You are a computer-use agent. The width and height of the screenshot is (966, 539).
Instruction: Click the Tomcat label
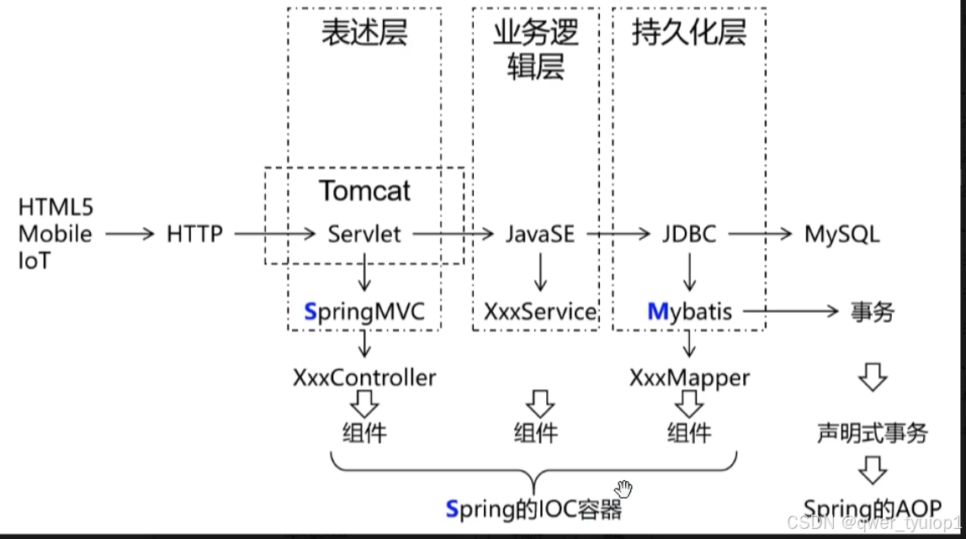pyautogui.click(x=364, y=190)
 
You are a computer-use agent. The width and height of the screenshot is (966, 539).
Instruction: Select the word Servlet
pyautogui.click(x=364, y=233)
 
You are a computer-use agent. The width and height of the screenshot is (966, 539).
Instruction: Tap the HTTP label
pyautogui.click(x=194, y=234)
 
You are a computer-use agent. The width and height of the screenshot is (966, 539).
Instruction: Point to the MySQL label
pyautogui.click(x=841, y=233)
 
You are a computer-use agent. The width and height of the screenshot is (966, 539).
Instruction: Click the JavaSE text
pyautogui.click(x=540, y=233)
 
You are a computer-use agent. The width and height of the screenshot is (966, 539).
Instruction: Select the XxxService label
pyautogui.click(x=540, y=312)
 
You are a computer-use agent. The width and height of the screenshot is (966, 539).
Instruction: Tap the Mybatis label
pyautogui.click(x=689, y=312)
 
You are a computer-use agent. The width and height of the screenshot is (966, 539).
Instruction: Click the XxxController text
pyautogui.click(x=364, y=378)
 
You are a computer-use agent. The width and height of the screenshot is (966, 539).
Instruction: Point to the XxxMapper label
pyautogui.click(x=689, y=378)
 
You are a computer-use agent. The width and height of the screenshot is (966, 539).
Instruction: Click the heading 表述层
pyautogui.click(x=364, y=33)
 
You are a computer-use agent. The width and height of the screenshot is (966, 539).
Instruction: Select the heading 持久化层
pyautogui.click(x=688, y=33)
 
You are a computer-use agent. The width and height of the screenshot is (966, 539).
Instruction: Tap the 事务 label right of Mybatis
pyautogui.click(x=873, y=312)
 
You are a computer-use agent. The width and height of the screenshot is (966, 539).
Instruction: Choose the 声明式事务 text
pyautogui.click(x=873, y=433)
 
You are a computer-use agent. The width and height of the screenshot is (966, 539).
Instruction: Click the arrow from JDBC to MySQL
pyautogui.click(x=759, y=234)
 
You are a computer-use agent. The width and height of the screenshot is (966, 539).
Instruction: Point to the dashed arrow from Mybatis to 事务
pyautogui.click(x=792, y=312)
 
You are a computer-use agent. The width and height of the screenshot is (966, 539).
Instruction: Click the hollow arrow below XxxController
pyautogui.click(x=364, y=405)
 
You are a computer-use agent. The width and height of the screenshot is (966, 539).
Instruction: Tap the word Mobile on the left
pyautogui.click(x=56, y=234)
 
